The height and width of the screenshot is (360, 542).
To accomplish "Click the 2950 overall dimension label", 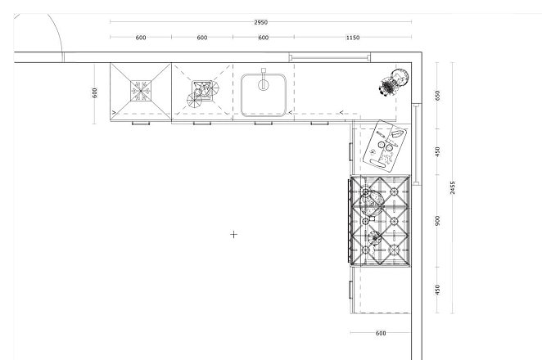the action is pyautogui.click(x=260, y=22).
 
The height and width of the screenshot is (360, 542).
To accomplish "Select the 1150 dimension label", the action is pyautogui.click(x=353, y=38).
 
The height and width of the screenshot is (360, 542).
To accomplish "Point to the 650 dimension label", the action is pyautogui.click(x=438, y=96).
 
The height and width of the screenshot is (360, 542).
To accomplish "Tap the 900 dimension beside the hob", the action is pyautogui.click(x=438, y=221).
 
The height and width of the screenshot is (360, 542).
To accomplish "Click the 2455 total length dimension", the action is pyautogui.click(x=453, y=187).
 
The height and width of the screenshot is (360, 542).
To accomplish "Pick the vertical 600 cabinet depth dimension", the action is pyautogui.click(x=95, y=93).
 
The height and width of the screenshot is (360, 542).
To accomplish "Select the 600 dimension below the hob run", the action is pyautogui.click(x=380, y=333).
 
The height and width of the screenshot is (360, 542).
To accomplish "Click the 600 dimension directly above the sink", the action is pyautogui.click(x=264, y=38).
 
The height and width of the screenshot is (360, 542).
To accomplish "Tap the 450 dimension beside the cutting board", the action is pyautogui.click(x=438, y=151).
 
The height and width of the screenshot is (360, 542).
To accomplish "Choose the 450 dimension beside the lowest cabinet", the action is pyautogui.click(x=438, y=290).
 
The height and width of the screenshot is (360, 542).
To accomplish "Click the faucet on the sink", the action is pyautogui.click(x=264, y=80).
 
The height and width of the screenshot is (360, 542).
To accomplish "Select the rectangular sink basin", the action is pyautogui.click(x=264, y=95).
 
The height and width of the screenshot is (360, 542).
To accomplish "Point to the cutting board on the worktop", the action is pyautogui.click(x=385, y=146).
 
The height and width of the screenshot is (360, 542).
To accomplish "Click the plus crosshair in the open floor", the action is pyautogui.click(x=233, y=235).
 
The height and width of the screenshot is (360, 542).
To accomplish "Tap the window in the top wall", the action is pyautogui.click(x=329, y=57).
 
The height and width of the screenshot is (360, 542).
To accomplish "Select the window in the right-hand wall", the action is pyautogui.click(x=417, y=144).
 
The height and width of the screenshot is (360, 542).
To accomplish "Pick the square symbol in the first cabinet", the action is pyautogui.click(x=141, y=91).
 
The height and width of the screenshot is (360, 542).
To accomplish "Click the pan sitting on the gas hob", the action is pyautogui.click(x=371, y=203).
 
